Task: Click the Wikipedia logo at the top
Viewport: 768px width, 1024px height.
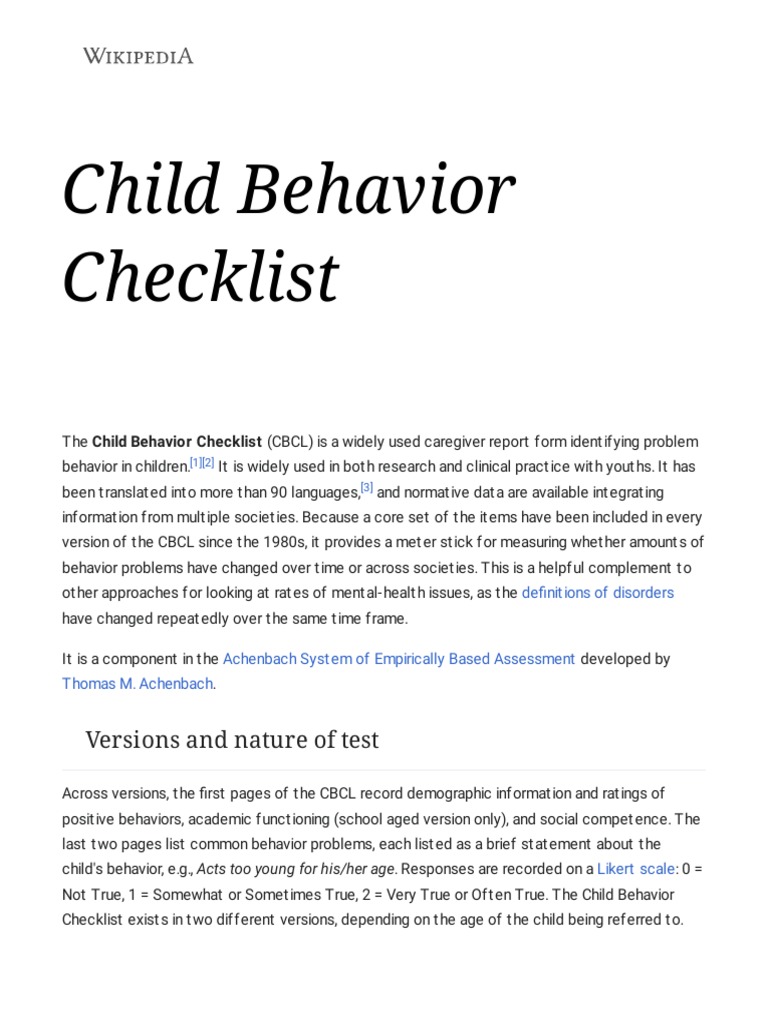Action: (138, 56)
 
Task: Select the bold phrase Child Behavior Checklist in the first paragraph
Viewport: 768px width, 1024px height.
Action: (177, 441)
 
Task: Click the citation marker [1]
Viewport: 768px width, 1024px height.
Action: (195, 463)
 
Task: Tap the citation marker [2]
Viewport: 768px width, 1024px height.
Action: (208, 463)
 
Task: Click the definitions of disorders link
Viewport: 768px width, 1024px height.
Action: (598, 592)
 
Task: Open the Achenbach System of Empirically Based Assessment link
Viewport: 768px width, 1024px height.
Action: (398, 658)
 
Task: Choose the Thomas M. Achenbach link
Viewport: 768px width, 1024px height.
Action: (138, 684)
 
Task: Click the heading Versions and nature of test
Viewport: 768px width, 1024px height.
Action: (232, 740)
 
